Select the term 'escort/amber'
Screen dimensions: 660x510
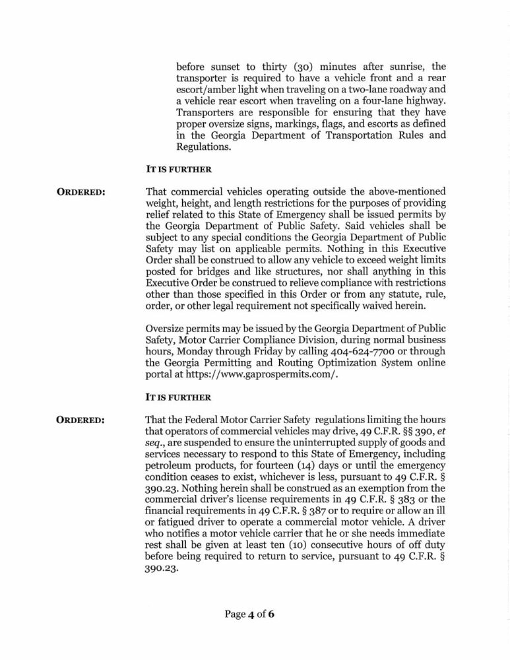point(207,92)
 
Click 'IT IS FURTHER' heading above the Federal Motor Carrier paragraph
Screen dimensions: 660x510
point(178,398)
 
